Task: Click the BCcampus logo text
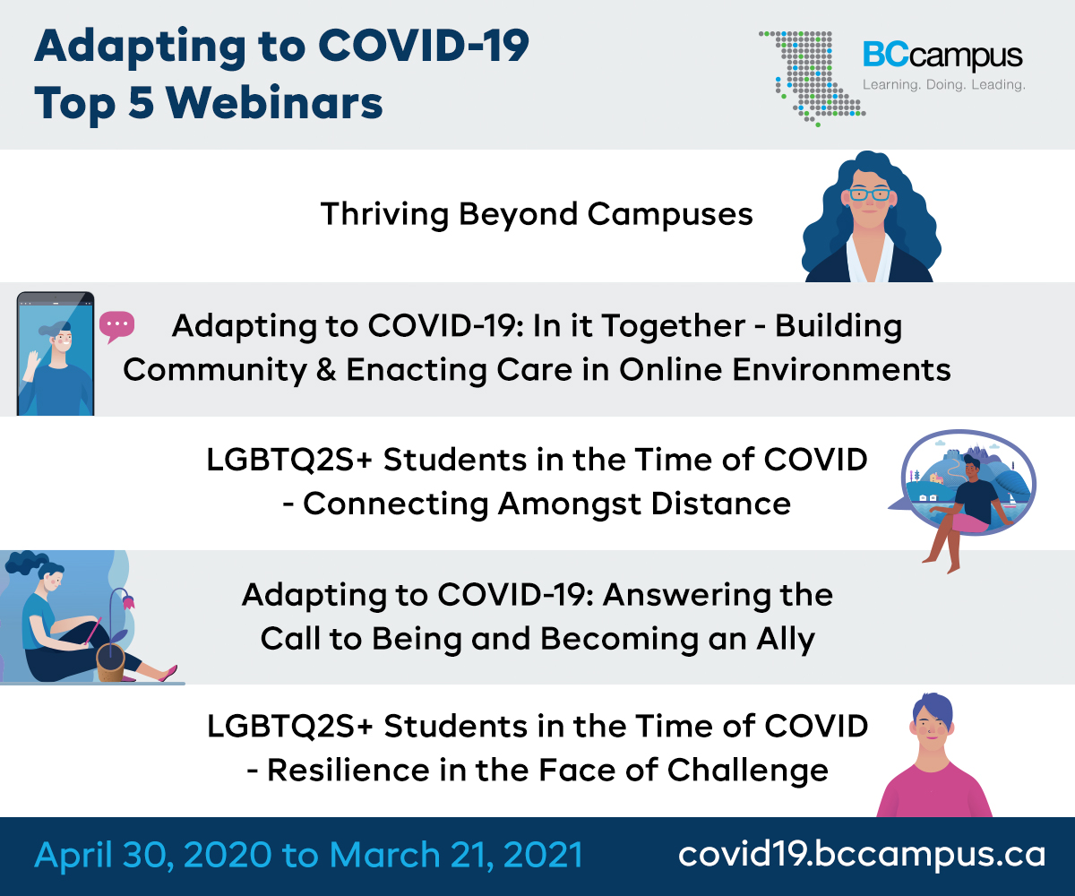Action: click(942, 56)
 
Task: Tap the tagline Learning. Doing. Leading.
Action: click(943, 85)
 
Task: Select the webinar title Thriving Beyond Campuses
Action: click(537, 214)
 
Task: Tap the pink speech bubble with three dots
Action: click(116, 325)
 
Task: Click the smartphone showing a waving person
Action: click(56, 353)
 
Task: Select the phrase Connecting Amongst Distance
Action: click(546, 504)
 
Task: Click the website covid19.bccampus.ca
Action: click(862, 854)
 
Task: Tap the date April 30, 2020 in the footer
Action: click(152, 854)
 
